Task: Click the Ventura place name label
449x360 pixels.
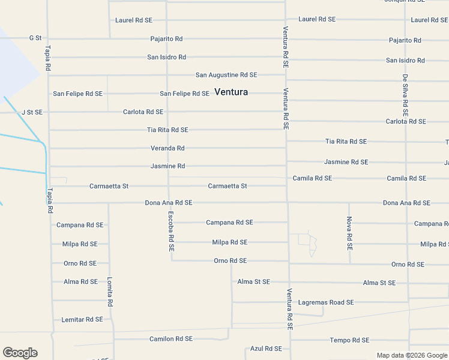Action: [x=231, y=92]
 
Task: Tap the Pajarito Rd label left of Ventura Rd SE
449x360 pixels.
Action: [x=166, y=39]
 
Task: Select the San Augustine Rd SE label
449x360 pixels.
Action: [x=226, y=75]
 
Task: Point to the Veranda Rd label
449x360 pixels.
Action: [x=167, y=148]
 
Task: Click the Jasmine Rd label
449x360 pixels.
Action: [x=168, y=166]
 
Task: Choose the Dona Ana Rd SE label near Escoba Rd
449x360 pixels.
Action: [x=169, y=203]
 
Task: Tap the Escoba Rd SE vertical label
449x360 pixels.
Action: [x=171, y=231]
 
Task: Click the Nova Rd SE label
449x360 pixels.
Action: [x=349, y=233]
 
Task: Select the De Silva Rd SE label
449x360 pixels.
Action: [x=406, y=95]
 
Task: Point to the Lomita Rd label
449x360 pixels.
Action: [x=110, y=292]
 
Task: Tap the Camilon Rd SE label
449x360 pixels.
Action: [x=171, y=339]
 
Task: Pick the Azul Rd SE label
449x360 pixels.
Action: [x=266, y=349]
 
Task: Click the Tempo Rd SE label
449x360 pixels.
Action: [x=349, y=340]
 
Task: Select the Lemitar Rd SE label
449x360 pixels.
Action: [x=82, y=320]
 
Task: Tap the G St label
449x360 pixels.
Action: [x=35, y=38]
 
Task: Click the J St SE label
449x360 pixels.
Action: [x=32, y=112]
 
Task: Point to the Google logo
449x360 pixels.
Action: [x=20, y=353]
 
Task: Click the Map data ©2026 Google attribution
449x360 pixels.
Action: [x=411, y=355]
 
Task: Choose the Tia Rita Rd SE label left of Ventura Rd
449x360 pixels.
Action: [x=167, y=130]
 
